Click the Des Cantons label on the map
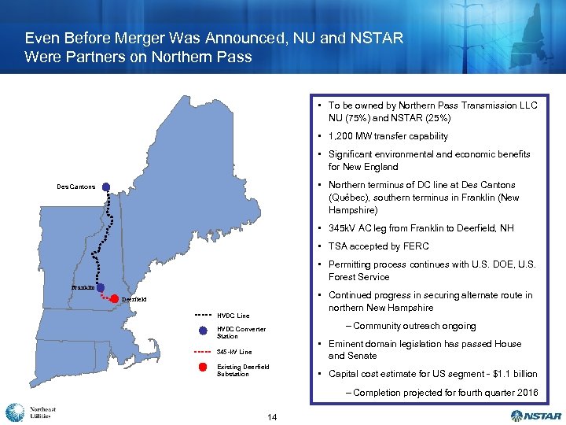76,187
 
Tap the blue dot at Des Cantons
106,187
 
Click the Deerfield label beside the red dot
134,299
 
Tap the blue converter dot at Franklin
101,287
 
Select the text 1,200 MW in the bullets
353,136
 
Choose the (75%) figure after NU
360,118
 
